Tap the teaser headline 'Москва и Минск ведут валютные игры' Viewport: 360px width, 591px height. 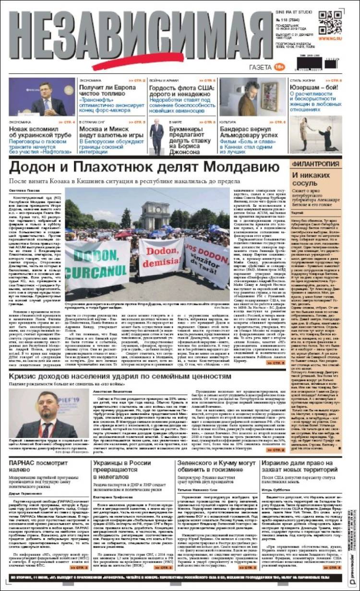(111, 133)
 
